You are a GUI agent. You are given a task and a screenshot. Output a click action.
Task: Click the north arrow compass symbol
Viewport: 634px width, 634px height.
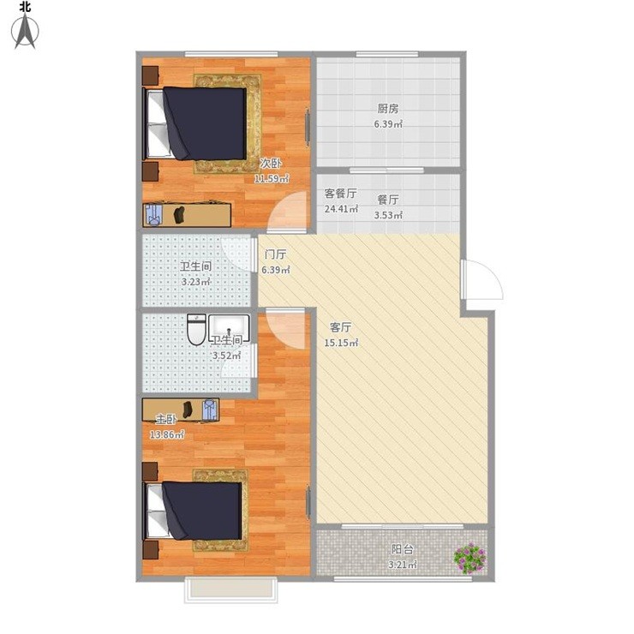(25, 31)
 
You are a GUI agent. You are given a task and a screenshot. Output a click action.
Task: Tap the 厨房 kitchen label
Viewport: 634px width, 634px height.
(388, 108)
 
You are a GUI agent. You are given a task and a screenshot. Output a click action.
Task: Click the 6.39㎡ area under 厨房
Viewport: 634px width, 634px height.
(388, 124)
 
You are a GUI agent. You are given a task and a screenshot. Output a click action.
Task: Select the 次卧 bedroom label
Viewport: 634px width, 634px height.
(271, 163)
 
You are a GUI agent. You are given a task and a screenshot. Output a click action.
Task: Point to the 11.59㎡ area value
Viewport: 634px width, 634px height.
(272, 178)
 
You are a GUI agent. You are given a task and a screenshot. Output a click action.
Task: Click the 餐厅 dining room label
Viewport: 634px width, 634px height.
(388, 200)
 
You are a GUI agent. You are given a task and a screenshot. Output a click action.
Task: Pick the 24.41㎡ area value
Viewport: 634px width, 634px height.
(341, 209)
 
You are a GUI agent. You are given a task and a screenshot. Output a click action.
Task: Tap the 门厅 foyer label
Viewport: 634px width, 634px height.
(275, 254)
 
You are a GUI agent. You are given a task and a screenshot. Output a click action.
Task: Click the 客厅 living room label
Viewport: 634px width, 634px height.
(340, 327)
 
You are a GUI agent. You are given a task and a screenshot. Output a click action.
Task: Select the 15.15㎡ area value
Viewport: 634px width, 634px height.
(341, 343)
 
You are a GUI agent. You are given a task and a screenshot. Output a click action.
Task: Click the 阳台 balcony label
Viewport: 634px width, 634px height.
(403, 549)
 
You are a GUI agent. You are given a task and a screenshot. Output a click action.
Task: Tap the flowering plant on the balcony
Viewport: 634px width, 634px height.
(470, 559)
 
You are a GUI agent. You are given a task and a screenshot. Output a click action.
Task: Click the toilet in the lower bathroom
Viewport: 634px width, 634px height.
(197, 330)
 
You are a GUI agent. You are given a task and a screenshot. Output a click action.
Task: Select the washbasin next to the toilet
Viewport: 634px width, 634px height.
(229, 326)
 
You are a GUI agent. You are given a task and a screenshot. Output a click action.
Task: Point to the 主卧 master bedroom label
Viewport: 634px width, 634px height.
(166, 419)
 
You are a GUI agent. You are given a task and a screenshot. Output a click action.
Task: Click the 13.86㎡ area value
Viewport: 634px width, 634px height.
(167, 435)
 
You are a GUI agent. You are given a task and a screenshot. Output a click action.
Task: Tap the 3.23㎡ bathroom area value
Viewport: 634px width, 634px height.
(195, 282)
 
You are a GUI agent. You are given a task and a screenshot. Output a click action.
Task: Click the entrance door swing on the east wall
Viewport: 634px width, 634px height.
(482, 280)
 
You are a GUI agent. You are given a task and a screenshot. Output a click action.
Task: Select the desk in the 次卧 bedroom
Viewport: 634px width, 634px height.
(187, 215)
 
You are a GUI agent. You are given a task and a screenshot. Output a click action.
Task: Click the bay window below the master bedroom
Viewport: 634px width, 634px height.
(230, 590)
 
